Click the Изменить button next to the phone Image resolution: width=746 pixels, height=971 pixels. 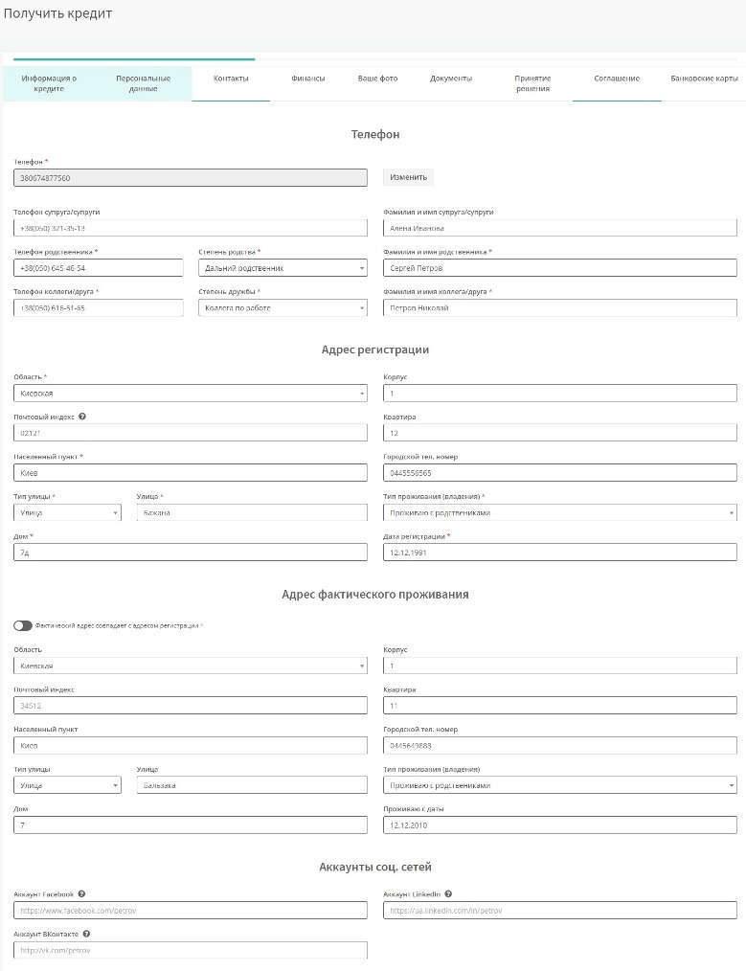click(x=409, y=177)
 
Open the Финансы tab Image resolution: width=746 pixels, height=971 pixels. click(x=307, y=79)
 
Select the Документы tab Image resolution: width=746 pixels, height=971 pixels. click(x=450, y=79)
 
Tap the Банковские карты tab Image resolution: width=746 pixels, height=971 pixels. click(x=704, y=79)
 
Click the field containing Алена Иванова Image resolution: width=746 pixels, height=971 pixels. click(x=559, y=228)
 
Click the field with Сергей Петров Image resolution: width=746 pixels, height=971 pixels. click(x=559, y=268)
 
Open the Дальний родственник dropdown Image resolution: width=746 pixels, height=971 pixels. click(x=283, y=268)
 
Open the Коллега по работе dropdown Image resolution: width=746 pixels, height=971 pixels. click(x=283, y=308)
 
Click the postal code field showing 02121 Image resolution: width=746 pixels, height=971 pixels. click(x=191, y=433)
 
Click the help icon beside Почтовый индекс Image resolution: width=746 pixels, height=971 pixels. click(x=82, y=417)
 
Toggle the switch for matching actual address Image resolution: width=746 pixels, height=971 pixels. click(x=23, y=625)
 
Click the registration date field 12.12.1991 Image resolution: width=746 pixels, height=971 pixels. click(x=559, y=553)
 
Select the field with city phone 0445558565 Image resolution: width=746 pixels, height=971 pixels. click(x=559, y=473)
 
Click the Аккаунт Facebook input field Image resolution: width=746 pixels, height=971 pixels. click(x=191, y=910)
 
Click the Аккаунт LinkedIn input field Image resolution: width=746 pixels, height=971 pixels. click(x=559, y=910)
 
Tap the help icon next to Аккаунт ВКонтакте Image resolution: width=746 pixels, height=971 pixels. click(x=86, y=933)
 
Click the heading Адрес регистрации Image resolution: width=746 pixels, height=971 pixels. click(x=375, y=350)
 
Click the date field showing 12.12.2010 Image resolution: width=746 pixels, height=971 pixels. click(x=559, y=825)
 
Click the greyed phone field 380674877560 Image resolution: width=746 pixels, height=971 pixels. click(x=191, y=178)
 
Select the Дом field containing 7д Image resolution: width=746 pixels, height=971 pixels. click(x=191, y=553)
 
